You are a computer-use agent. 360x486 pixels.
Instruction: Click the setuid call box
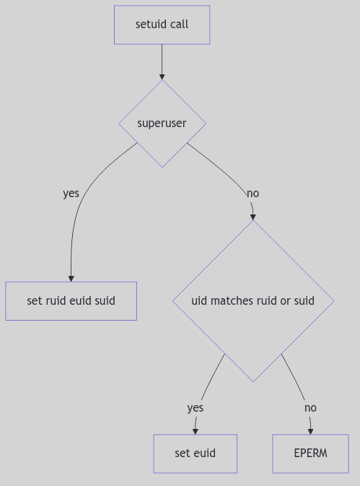click(162, 25)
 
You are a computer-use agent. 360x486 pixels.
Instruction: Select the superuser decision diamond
click(162, 123)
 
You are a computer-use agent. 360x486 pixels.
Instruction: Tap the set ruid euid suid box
click(71, 300)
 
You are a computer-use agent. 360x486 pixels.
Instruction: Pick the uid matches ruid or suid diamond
click(253, 300)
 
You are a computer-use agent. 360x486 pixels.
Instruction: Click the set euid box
click(195, 454)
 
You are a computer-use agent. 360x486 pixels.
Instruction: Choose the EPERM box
click(310, 454)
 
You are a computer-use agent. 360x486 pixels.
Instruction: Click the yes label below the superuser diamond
click(71, 194)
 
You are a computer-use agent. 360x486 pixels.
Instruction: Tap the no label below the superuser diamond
click(253, 194)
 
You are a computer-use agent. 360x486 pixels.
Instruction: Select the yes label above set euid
click(195, 408)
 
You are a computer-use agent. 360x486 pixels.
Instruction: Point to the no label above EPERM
click(310, 408)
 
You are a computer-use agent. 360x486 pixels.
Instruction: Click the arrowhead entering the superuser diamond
click(162, 76)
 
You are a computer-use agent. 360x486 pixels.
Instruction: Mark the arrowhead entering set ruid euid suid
click(71, 278)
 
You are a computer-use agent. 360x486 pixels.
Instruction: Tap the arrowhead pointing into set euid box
click(195, 430)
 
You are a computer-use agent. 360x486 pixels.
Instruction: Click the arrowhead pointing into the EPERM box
click(310, 430)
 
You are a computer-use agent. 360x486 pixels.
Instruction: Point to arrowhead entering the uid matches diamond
click(253, 216)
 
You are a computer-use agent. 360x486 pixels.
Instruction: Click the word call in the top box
click(179, 25)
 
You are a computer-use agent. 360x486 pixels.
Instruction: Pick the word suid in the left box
click(104, 300)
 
